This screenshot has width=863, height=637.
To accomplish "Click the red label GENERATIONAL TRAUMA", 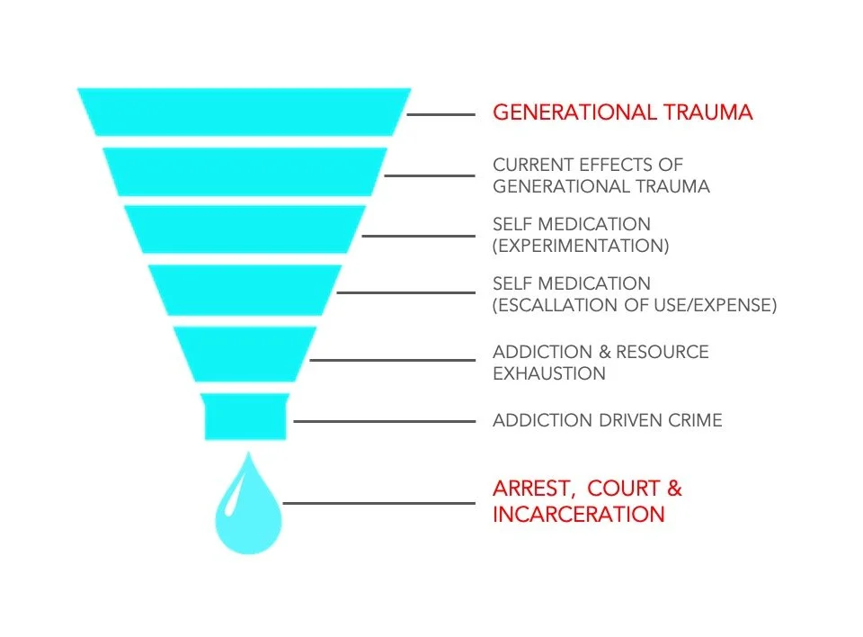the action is [x=622, y=113].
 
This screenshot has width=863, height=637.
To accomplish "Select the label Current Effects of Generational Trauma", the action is [x=601, y=176].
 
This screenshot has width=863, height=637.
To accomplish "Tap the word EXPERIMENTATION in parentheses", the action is [x=581, y=246].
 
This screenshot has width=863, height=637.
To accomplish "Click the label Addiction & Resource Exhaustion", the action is [x=601, y=362].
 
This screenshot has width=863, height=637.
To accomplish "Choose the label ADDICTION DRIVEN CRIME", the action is [x=607, y=420].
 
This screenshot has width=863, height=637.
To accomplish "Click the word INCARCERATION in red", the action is [x=578, y=515].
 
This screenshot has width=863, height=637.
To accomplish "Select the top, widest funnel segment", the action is [x=244, y=112].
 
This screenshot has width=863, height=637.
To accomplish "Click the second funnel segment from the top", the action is [x=245, y=171].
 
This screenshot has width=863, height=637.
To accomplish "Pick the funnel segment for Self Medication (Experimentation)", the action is [x=245, y=229].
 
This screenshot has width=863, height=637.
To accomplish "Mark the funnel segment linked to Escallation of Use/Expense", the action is [x=245, y=289].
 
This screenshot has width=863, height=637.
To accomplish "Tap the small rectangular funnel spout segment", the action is [x=245, y=416].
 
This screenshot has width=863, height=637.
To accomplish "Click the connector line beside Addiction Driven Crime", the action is [x=384, y=421].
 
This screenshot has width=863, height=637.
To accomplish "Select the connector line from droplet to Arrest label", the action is [x=378, y=503].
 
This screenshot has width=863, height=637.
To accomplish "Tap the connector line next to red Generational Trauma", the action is [x=440, y=114].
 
